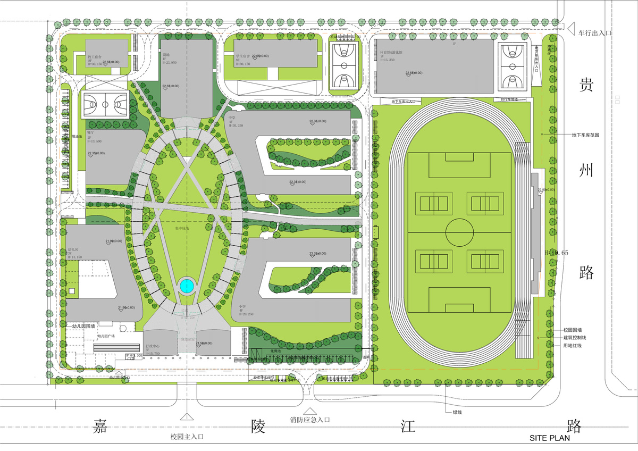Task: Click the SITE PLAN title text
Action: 549,438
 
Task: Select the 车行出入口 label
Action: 595,33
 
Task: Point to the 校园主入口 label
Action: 187,437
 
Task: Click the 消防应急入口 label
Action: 310,420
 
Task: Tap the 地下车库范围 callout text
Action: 585,135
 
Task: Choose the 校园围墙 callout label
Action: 573,330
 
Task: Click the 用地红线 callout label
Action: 573,346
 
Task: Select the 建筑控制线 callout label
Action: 575,338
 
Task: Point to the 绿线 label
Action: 457,412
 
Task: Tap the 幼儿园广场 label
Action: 106,336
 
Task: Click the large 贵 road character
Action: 586,86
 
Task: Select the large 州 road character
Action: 586,171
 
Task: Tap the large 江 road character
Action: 410,425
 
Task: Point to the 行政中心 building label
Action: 153,345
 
